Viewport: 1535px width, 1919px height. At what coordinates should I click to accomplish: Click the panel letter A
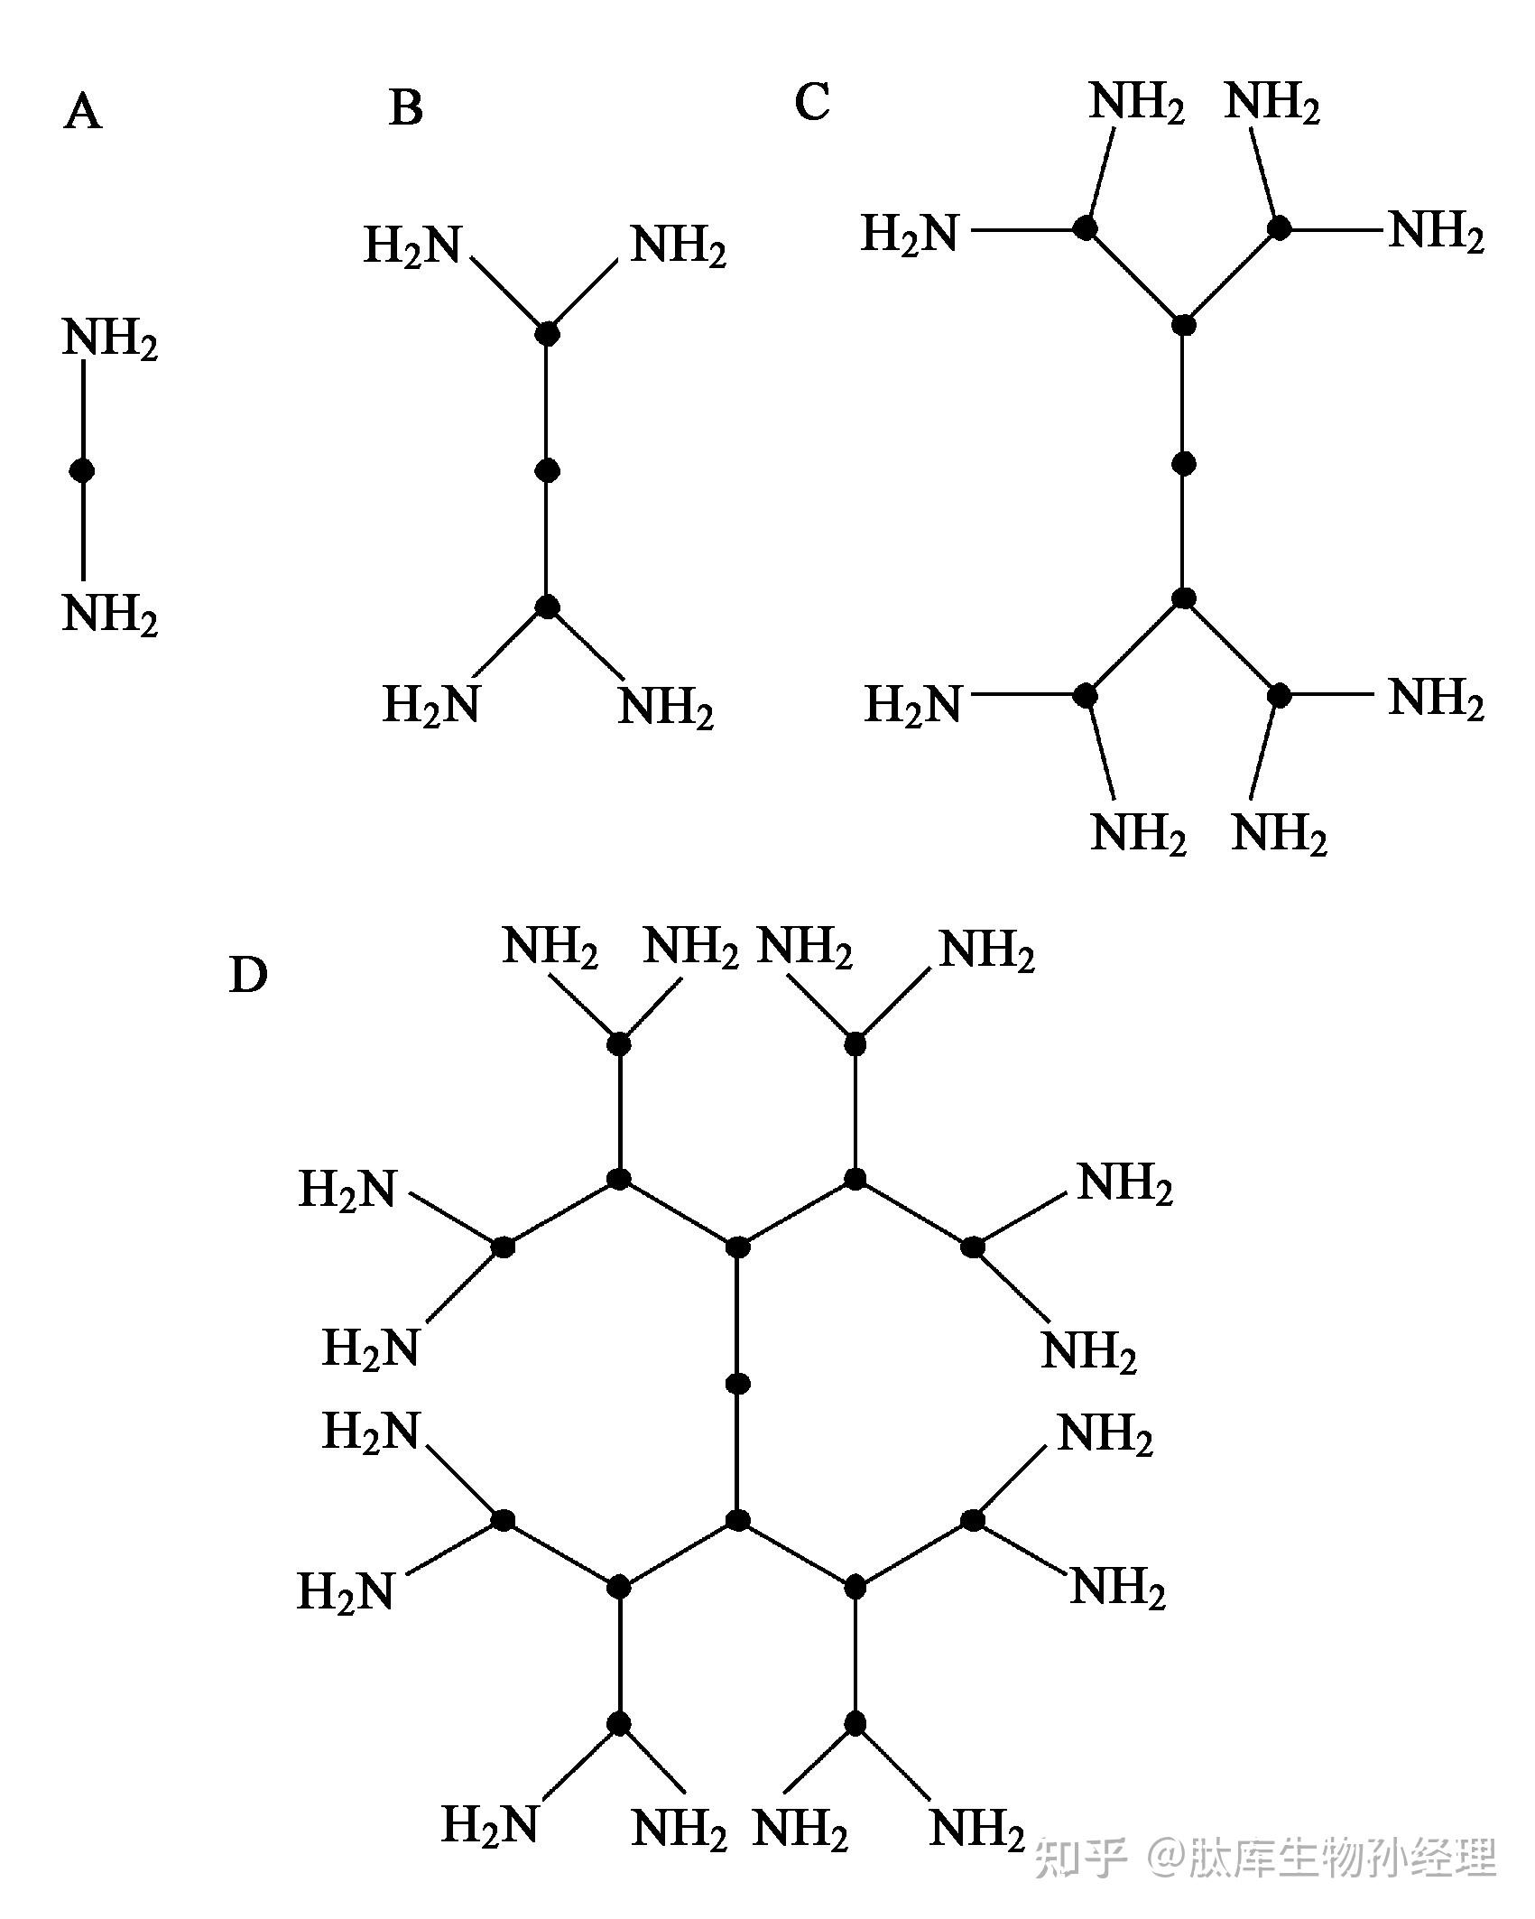tap(83, 113)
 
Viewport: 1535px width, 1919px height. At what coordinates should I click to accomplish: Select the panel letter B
tap(406, 107)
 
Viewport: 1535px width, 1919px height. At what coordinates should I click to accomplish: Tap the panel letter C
tap(811, 102)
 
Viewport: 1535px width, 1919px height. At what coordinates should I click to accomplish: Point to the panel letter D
tap(248, 975)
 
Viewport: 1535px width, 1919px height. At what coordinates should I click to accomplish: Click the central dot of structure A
tap(83, 470)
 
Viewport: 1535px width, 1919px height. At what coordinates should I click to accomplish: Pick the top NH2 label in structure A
tap(110, 339)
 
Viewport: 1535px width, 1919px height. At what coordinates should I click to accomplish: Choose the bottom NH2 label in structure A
tap(110, 616)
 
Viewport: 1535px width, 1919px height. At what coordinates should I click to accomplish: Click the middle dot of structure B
tap(547, 470)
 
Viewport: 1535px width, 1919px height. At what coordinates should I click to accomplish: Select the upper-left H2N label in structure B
tap(412, 246)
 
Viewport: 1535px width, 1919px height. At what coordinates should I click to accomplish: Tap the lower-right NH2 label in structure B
tap(666, 707)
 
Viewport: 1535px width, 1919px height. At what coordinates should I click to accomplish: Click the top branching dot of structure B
tap(547, 334)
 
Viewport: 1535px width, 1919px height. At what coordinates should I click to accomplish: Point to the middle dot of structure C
tap(1184, 464)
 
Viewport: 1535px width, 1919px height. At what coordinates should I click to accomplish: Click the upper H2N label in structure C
tap(910, 234)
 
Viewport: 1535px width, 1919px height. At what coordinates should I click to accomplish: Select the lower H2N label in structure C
tap(913, 705)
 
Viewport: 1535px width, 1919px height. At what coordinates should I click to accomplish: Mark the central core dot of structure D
tap(738, 1384)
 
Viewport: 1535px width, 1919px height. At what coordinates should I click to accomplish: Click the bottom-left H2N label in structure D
tap(490, 1824)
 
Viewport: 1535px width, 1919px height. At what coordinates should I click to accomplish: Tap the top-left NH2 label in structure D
tap(550, 948)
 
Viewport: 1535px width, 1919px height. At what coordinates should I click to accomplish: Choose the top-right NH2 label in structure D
tap(987, 950)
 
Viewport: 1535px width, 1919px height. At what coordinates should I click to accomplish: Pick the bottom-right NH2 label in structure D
tap(976, 1830)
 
